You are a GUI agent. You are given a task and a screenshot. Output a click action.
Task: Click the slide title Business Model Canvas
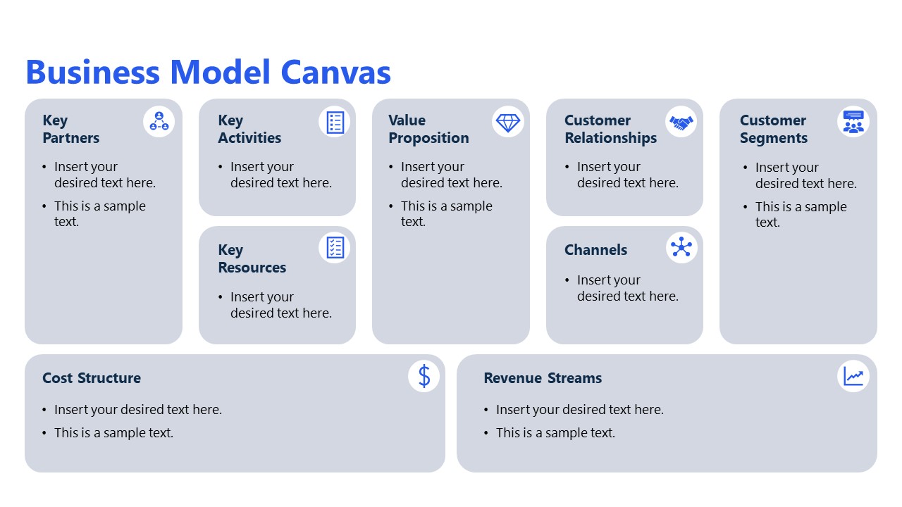click(x=208, y=73)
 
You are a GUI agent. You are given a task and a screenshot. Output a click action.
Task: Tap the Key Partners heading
click(x=70, y=129)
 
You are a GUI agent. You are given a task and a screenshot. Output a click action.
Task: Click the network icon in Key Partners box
click(x=159, y=122)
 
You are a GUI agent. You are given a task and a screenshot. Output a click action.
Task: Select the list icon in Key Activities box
click(x=335, y=122)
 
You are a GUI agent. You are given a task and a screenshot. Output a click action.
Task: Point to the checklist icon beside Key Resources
click(x=335, y=247)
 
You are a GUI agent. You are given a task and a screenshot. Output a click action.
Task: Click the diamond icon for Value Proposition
click(x=507, y=122)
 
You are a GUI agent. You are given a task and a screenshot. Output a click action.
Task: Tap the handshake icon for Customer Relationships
click(x=681, y=122)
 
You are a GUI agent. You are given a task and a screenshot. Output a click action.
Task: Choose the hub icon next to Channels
click(x=681, y=247)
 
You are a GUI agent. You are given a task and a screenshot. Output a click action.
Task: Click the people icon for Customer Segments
click(x=853, y=122)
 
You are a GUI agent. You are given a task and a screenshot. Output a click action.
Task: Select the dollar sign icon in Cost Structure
click(x=424, y=376)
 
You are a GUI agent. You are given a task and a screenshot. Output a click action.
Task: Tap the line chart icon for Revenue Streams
click(x=853, y=376)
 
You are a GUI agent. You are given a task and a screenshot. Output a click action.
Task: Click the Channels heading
click(x=595, y=250)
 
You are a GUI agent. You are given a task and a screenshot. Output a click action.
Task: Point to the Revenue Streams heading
click(x=543, y=378)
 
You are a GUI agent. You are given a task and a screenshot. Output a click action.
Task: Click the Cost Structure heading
click(x=92, y=378)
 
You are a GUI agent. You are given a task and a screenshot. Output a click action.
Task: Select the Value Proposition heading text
click(x=428, y=129)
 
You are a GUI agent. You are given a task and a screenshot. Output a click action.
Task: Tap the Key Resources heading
click(x=252, y=258)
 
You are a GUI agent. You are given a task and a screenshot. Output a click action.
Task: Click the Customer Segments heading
click(x=773, y=129)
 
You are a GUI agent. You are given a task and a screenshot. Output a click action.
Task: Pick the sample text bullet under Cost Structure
click(x=113, y=433)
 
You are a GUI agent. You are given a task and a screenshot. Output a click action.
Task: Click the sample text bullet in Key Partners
click(x=99, y=213)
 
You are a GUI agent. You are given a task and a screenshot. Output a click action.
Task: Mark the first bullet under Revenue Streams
click(x=579, y=410)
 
